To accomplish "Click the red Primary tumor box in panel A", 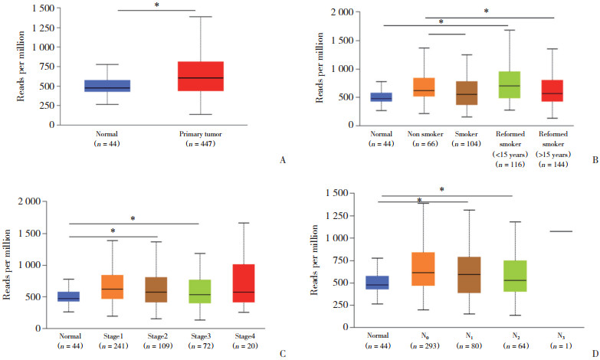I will coord(200,76).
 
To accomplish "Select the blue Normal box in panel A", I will coord(107,86).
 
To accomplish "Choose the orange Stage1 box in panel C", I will coord(112,286).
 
